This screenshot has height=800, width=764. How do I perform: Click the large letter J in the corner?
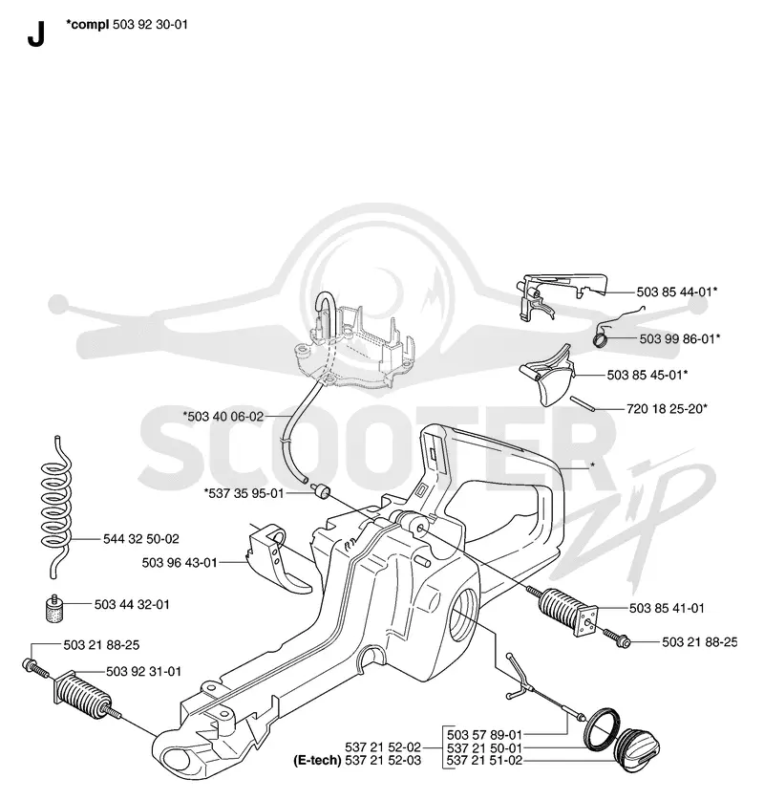tap(36, 34)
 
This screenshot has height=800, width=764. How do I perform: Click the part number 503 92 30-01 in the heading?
tap(150, 25)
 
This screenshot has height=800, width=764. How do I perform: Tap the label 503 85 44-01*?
tap(677, 292)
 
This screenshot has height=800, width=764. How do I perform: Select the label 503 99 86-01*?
tap(680, 338)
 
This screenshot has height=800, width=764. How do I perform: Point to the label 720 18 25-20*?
tap(668, 409)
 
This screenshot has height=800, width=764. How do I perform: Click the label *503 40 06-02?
tap(223, 417)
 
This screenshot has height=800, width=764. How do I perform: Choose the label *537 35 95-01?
tap(244, 493)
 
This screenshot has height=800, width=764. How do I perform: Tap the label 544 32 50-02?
tap(141, 539)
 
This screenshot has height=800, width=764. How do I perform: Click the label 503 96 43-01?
tap(180, 563)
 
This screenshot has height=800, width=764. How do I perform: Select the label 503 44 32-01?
tap(132, 605)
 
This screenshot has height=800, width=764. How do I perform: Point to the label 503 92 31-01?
tap(144, 671)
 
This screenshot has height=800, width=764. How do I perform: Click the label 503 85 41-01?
tap(667, 608)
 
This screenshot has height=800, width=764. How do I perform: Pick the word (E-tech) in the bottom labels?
tap(317, 761)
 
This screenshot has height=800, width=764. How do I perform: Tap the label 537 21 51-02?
tap(485, 761)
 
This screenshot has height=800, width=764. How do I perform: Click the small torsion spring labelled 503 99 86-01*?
tap(602, 337)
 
